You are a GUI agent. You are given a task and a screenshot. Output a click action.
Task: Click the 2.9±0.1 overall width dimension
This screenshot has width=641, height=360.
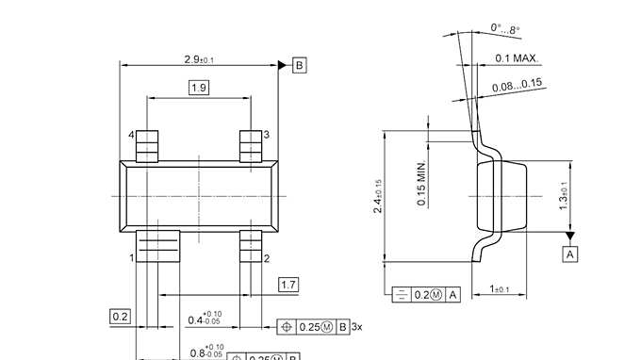click(x=199, y=59)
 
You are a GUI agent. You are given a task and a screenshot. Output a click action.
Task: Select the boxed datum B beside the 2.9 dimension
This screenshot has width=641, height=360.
click(x=299, y=65)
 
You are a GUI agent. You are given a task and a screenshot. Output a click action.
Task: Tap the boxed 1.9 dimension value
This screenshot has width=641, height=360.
click(x=199, y=88)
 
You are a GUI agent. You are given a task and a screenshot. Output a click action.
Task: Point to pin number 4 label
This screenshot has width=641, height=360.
click(x=131, y=136)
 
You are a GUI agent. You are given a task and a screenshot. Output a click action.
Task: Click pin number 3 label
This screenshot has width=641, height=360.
click(x=267, y=135)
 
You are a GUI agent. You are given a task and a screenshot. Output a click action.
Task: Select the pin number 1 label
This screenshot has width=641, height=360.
click(x=131, y=256)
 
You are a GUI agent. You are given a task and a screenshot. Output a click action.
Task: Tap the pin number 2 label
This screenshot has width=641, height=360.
click(x=267, y=257)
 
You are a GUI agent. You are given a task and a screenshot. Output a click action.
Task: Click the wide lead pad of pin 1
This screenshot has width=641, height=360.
click(x=157, y=244)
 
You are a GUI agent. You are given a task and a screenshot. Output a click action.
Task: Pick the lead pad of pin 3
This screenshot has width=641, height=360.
click(x=250, y=146)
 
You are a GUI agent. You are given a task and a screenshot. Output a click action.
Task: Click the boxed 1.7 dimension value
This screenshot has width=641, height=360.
click(x=289, y=285)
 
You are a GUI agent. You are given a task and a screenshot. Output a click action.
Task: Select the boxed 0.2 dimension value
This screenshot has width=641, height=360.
click(x=120, y=316)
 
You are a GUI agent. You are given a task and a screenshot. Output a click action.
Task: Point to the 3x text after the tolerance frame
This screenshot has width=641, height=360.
click(x=356, y=327)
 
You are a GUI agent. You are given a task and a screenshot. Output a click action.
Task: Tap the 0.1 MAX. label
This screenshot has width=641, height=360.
click(x=516, y=58)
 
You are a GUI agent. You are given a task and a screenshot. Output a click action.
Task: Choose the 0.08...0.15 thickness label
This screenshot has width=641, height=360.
click(x=517, y=84)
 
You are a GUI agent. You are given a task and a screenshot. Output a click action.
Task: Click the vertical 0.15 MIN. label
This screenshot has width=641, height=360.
click(x=421, y=184)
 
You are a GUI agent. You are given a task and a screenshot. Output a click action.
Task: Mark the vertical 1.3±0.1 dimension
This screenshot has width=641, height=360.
click(x=563, y=197)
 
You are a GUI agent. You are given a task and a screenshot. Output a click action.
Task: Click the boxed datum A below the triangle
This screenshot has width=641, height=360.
click(x=570, y=254)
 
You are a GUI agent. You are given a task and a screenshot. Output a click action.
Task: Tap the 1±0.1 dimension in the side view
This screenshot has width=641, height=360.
click(x=501, y=288)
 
